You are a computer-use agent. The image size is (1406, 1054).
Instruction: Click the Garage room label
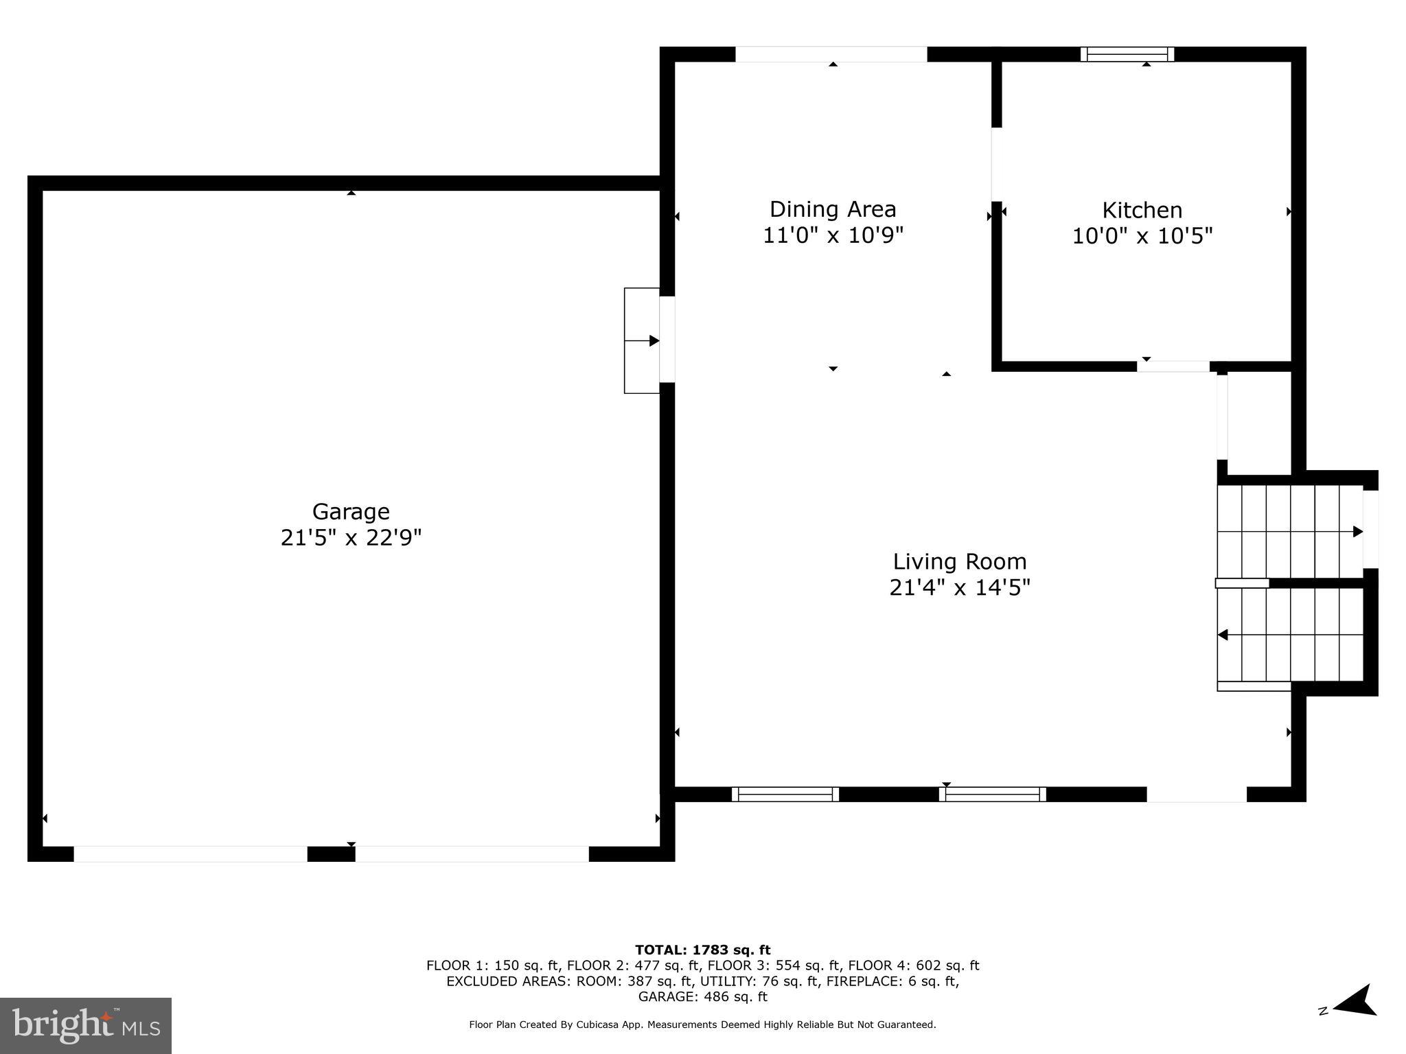point(351,511)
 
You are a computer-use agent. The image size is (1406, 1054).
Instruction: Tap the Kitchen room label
point(1142,210)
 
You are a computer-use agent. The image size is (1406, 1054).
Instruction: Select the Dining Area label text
point(833,209)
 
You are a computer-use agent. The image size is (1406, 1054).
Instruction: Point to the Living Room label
point(960,562)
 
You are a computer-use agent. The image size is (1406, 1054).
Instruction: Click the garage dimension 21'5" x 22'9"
point(351,537)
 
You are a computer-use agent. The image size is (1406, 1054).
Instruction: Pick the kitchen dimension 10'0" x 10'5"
point(1142,236)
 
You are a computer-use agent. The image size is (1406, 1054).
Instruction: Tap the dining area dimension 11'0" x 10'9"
point(833,235)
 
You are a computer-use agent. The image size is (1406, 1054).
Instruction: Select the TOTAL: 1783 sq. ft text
point(702,950)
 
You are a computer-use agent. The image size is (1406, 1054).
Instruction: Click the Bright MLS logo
point(86,1025)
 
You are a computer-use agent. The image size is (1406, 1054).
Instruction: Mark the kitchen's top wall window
point(1127,54)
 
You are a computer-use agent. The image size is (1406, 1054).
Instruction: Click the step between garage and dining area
point(641,340)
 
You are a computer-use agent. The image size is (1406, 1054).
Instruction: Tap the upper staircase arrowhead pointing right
point(1357,531)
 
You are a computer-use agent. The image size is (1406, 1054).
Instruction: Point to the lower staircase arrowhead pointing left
point(1223,635)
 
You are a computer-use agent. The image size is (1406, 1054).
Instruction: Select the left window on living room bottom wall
point(785,794)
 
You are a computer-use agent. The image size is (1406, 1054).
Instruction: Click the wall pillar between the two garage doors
point(331,854)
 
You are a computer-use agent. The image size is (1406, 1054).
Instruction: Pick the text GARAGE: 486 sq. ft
point(702,996)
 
